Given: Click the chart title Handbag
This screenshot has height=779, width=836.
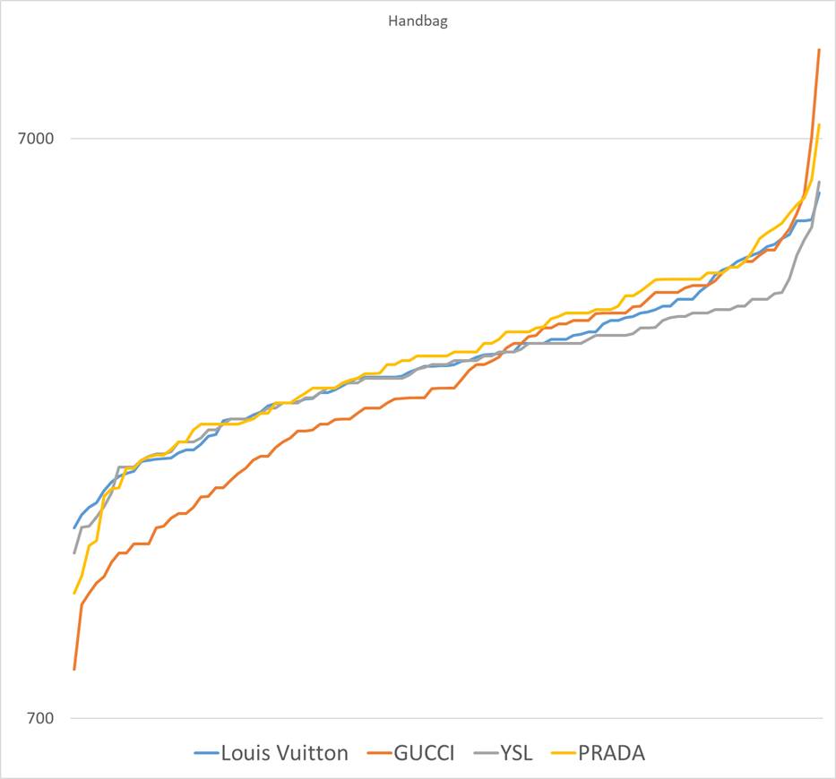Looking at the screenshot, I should click(x=418, y=21).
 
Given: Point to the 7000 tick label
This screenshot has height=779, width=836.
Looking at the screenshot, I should click(x=36, y=139).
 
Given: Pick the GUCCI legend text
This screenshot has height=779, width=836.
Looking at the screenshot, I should click(x=424, y=753).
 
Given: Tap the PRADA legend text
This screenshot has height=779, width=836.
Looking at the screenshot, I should click(x=611, y=753).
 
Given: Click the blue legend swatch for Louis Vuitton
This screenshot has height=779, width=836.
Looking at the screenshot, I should click(x=206, y=754).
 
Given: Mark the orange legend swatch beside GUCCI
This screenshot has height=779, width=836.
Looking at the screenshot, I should click(x=379, y=754).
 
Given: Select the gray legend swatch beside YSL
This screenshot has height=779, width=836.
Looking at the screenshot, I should click(x=487, y=754).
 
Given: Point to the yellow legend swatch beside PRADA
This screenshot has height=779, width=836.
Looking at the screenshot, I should click(x=564, y=754).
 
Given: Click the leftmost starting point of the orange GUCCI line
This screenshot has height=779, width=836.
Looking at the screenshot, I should click(x=74, y=669).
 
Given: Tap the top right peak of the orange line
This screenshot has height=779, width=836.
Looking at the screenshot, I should click(x=819, y=49).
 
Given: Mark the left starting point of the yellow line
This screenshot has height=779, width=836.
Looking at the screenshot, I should click(x=74, y=593).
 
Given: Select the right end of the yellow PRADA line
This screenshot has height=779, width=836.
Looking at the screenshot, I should click(x=819, y=124).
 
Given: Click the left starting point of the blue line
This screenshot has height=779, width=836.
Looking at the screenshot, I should click(x=74, y=527).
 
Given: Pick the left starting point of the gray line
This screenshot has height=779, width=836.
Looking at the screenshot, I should click(x=74, y=552).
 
